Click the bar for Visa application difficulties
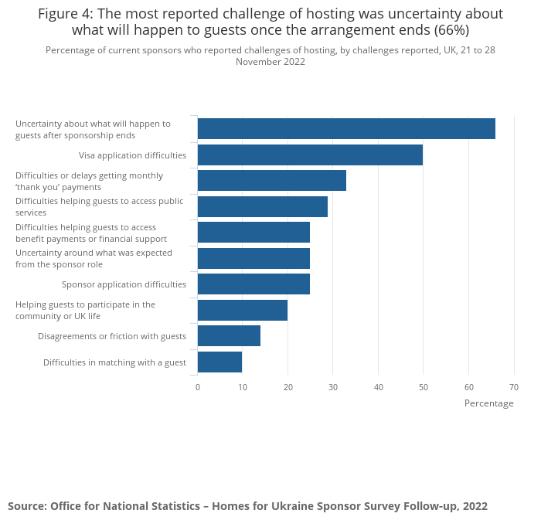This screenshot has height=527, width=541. [x=310, y=155]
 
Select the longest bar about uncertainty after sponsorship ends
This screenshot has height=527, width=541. [x=346, y=128]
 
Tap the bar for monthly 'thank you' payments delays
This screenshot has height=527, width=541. [x=272, y=180]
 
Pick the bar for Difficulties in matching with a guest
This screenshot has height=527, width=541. [x=219, y=362]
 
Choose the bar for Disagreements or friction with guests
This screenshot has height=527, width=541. [x=229, y=335]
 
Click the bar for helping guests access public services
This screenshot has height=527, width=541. [x=263, y=206]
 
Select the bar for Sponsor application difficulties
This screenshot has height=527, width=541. [x=253, y=284]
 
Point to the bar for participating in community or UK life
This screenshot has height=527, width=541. [x=243, y=310]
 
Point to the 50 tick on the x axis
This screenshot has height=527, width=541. [x=423, y=387]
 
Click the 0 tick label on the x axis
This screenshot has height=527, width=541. [x=198, y=387]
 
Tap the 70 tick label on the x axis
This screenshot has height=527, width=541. [x=513, y=387]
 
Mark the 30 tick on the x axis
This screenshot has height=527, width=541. [x=333, y=387]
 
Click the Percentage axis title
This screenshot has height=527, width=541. [x=488, y=403]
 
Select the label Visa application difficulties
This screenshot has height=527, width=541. [x=132, y=155]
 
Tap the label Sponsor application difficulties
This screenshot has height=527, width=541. [x=124, y=284]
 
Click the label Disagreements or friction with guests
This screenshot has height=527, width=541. [x=112, y=336]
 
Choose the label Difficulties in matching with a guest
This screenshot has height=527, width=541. [x=114, y=362]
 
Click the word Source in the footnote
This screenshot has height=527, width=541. [x=26, y=506]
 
